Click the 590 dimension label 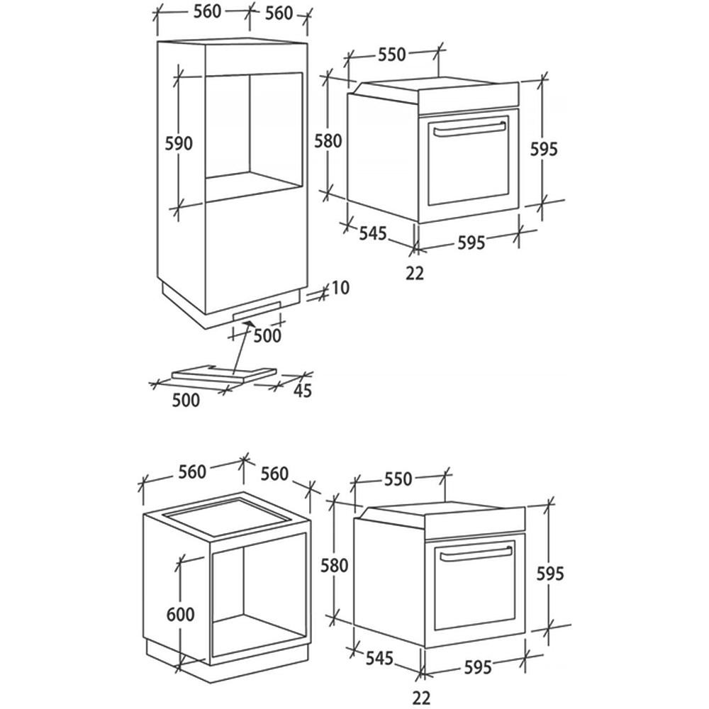(179, 143)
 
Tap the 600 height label (180, 614)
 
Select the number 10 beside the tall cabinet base (340, 288)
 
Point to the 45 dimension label (303, 391)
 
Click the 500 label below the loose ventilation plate (186, 400)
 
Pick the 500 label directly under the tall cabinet (267, 335)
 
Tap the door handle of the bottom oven (476, 553)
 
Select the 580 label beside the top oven (328, 140)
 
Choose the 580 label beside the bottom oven (334, 565)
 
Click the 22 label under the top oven (415, 273)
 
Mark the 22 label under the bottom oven (421, 698)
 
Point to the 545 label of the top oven (373, 233)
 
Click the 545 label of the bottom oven (379, 658)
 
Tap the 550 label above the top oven (391, 55)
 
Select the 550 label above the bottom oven (398, 479)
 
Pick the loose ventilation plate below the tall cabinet (223, 372)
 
